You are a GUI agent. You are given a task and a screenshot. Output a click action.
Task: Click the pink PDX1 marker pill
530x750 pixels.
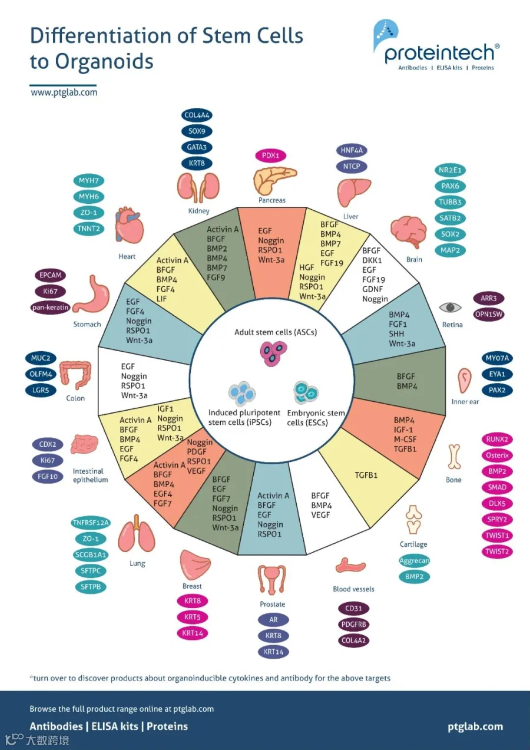pyautogui.click(x=270, y=156)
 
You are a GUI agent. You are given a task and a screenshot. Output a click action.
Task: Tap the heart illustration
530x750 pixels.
pyautogui.click(x=129, y=225)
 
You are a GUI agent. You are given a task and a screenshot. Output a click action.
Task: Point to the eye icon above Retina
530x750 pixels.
pyautogui.click(x=450, y=307)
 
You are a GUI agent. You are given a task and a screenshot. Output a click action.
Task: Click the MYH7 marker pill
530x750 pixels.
pyautogui.click(x=89, y=181)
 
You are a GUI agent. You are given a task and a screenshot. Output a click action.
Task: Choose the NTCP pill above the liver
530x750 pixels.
pyautogui.click(x=352, y=166)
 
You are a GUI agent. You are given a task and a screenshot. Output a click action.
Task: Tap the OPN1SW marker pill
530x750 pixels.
pyautogui.click(x=489, y=315)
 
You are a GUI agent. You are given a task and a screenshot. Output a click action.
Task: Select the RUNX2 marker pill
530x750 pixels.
pyautogui.click(x=497, y=440)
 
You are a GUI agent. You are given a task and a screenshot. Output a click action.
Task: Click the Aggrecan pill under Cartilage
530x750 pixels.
pyautogui.click(x=414, y=560)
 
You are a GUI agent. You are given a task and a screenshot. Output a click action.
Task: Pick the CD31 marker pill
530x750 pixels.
pyautogui.click(x=354, y=609)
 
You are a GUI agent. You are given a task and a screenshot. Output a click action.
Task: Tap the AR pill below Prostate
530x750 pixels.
pyautogui.click(x=273, y=619)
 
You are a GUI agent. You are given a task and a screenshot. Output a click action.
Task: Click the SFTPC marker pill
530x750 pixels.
pyautogui.click(x=91, y=570)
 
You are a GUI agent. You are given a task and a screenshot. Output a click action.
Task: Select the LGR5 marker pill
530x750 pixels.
pyautogui.click(x=41, y=390)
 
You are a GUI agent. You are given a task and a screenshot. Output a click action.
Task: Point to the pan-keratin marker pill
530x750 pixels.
pyautogui.click(x=50, y=308)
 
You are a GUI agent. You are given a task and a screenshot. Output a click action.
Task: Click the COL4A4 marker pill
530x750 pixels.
pyautogui.click(x=197, y=115)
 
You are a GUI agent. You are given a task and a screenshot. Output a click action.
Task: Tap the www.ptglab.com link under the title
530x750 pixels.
pyautogui.click(x=64, y=92)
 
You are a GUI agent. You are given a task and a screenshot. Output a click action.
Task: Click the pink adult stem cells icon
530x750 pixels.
pyautogui.click(x=273, y=354)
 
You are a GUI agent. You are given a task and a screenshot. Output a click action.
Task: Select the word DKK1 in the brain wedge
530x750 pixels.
pyautogui.click(x=372, y=260)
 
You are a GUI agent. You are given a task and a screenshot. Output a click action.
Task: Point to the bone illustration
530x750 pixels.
pyautogui.click(x=454, y=457)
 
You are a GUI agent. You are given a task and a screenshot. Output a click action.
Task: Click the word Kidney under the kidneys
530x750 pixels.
pyautogui.click(x=199, y=211)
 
